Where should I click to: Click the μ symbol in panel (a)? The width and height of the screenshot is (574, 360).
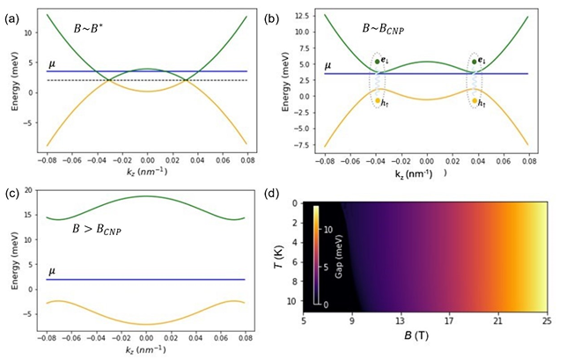[x=53, y=62]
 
